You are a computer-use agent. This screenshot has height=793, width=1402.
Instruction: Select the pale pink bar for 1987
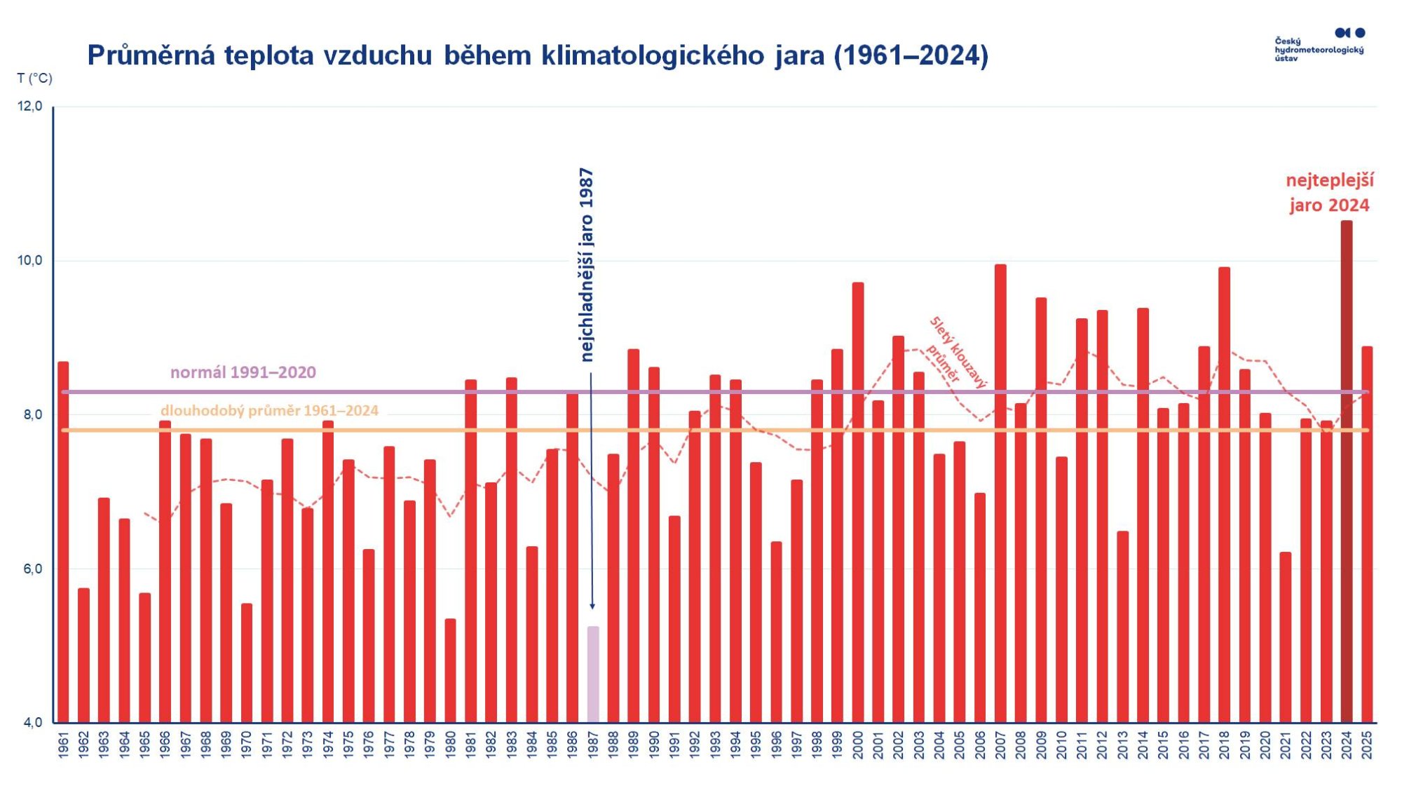point(593,674)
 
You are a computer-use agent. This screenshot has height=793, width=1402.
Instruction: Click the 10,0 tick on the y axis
point(30,261)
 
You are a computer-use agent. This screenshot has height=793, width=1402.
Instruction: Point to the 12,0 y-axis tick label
point(30,107)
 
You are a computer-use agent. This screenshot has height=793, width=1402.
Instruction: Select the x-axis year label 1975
point(348,744)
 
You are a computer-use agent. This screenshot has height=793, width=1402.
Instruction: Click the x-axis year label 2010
point(1061,744)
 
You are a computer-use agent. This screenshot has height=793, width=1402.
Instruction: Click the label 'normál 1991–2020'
point(243,372)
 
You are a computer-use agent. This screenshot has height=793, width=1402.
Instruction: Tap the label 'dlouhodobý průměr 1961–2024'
point(269,410)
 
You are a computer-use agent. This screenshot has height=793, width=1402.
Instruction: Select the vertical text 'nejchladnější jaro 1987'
point(587,264)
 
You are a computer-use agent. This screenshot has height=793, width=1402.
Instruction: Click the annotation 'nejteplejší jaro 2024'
point(1329,192)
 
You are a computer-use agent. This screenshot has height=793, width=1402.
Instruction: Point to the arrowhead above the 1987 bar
point(592,606)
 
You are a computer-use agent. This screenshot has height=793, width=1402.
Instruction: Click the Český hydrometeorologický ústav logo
point(1319,45)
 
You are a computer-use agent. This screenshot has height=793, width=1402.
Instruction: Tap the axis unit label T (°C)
point(34,78)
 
